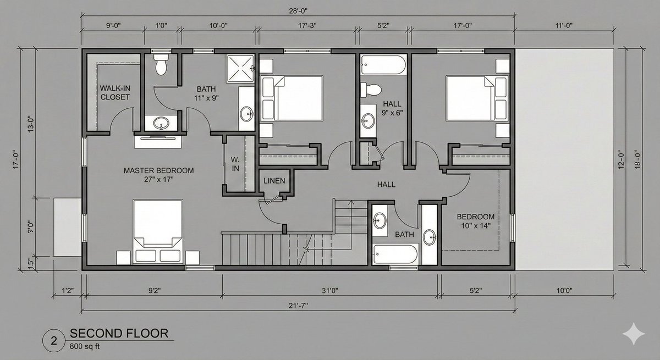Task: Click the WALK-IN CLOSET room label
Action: [115, 92]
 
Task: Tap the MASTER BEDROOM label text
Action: [158, 170]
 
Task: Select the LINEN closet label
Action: [274, 181]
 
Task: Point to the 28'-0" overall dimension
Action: [298, 11]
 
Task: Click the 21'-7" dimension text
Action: [298, 306]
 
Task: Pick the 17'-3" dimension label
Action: [307, 25]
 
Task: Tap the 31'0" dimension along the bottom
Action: [329, 291]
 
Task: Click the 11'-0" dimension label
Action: [564, 25]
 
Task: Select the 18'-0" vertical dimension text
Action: [637, 160]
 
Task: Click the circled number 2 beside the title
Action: [54, 341]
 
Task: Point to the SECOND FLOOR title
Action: [119, 333]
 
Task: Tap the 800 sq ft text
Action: [85, 346]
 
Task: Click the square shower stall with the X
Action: [240, 69]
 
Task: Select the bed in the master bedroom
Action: [158, 232]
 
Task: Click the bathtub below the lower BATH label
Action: [395, 254]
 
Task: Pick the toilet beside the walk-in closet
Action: [161, 64]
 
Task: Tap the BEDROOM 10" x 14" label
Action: [476, 221]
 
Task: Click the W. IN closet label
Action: [235, 164]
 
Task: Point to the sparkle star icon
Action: [634, 334]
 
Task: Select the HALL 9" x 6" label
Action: [392, 108]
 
